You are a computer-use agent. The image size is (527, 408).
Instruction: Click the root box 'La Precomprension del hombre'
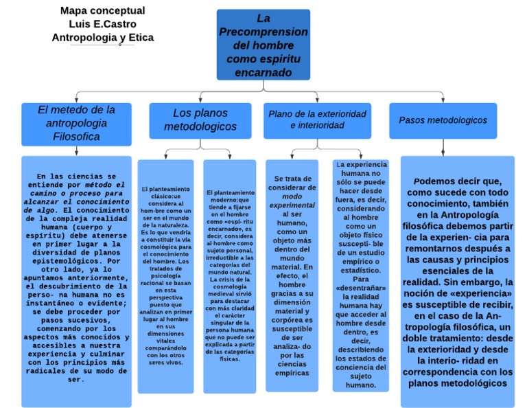click(263, 45)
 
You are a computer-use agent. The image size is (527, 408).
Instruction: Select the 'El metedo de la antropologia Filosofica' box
click(77, 123)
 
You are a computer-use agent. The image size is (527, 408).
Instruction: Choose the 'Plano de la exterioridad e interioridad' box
click(317, 120)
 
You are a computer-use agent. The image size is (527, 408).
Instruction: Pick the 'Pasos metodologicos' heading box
click(443, 120)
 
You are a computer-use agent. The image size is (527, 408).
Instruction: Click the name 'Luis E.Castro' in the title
click(102, 24)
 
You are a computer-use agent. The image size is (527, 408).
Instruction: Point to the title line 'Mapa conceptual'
click(102, 10)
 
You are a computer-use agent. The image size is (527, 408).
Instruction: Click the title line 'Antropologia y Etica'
click(102, 38)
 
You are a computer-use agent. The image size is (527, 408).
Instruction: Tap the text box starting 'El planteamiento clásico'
click(165, 275)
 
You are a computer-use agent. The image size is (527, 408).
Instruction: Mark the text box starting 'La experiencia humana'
click(360, 275)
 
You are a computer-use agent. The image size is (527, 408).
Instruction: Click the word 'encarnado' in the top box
click(263, 72)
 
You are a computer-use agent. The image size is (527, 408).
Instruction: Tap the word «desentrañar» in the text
click(361, 288)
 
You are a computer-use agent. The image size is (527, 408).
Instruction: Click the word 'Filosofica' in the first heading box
click(77, 136)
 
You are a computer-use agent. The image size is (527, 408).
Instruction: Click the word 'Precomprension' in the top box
click(263, 32)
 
